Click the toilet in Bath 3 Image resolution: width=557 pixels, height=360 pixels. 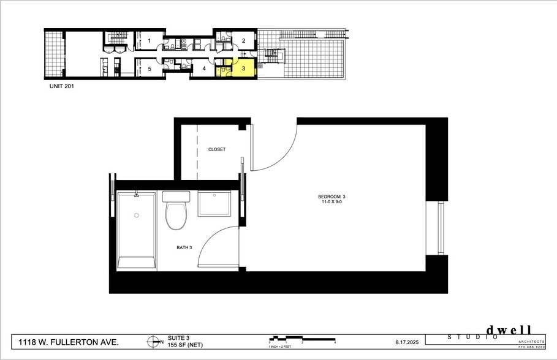[x=176, y=212]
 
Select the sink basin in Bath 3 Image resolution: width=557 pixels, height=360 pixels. [x=214, y=203]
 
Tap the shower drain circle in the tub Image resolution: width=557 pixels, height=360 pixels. [x=136, y=216]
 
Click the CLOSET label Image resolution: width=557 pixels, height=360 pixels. [x=217, y=149]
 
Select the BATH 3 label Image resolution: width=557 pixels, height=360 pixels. [x=184, y=248]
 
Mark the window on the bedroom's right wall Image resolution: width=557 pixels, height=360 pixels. [x=439, y=228]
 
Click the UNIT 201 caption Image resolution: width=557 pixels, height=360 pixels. [x=62, y=87]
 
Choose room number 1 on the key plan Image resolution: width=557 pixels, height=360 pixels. [x=149, y=41]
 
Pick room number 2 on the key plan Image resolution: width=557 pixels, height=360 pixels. [x=243, y=41]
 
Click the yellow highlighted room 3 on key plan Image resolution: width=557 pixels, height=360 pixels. [x=243, y=69]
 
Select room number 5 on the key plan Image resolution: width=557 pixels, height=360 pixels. [x=149, y=69]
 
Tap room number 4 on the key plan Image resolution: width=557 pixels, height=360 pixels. [x=203, y=69]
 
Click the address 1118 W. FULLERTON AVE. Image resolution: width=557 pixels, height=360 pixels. [x=68, y=342]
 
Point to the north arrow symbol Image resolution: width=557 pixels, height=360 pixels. [x=151, y=342]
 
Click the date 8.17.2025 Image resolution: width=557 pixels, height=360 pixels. [x=406, y=342]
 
